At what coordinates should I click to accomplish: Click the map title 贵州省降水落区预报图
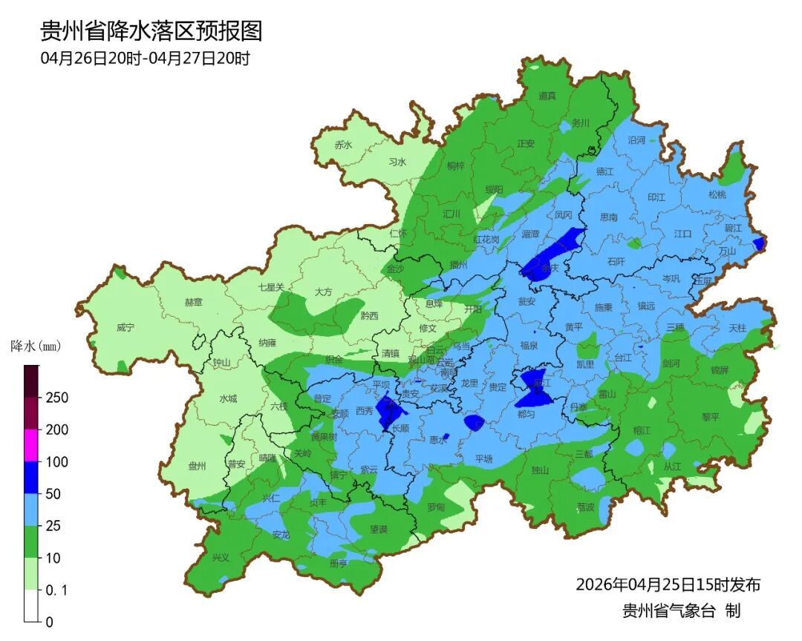[151, 31]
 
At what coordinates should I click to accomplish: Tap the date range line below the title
[145, 59]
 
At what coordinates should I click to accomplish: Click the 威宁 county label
[125, 327]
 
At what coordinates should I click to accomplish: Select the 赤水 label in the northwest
[343, 145]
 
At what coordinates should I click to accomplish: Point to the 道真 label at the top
[547, 96]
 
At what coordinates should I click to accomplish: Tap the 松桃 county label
[717, 194]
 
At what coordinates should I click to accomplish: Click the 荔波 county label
[585, 507]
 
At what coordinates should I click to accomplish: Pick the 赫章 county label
[194, 303]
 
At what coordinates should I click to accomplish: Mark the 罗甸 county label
[436, 507]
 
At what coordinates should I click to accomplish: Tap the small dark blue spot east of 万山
[759, 243]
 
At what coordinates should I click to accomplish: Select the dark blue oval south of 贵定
[474, 423]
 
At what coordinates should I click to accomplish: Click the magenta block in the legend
[31, 445]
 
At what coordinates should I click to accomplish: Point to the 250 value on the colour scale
[56, 398]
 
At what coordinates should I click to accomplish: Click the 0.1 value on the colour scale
[56, 590]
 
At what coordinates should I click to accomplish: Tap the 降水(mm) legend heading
[36, 346]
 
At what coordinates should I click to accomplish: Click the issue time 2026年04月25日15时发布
[668, 585]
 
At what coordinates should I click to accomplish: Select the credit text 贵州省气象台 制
[681, 611]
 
